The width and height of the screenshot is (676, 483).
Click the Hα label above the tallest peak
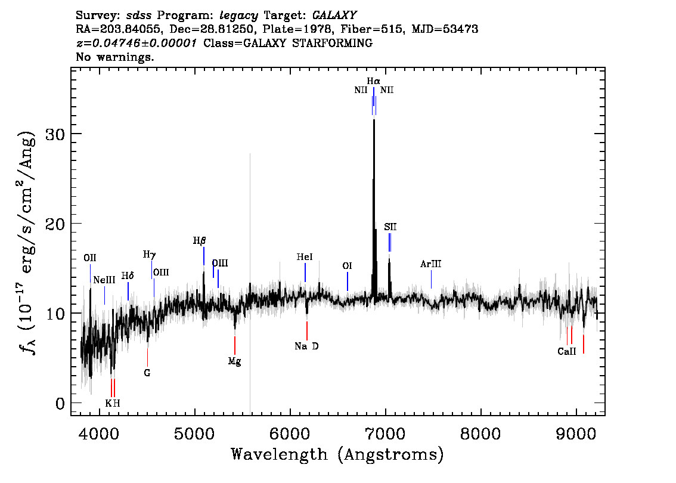pos(373,81)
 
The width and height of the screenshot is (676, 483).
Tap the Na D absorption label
pos(306,346)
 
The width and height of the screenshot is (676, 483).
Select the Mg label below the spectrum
pos(234,361)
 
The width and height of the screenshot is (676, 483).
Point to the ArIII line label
pos(430,264)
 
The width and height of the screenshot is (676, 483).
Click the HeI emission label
pos(305,257)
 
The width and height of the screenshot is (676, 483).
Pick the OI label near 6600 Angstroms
pos(347,266)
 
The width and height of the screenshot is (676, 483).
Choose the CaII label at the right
pos(566,351)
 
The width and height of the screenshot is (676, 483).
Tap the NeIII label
pos(104,280)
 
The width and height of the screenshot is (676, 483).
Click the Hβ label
pos(200,241)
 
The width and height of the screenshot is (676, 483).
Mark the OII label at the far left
pos(89,258)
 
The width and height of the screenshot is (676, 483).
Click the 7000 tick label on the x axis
pos(385,434)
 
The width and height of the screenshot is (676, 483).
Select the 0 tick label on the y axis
pos(60,404)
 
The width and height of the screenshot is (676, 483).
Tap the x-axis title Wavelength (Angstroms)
pos(337,454)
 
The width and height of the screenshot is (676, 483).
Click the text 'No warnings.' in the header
pos(114,57)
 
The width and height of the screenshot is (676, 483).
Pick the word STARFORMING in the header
pos(332,43)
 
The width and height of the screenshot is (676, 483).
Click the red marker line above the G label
pos(147,357)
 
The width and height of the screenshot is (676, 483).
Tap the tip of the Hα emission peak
pos(374,120)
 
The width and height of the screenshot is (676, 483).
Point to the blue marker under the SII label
pos(390,242)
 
